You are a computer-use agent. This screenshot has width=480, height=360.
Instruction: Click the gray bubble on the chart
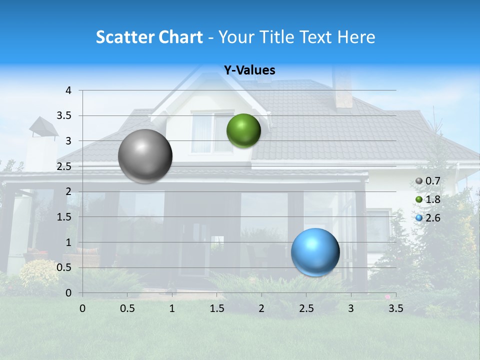tap(145, 156)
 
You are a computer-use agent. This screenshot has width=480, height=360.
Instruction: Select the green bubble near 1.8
tap(243, 130)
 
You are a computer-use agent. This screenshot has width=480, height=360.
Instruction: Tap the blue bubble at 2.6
tap(315, 252)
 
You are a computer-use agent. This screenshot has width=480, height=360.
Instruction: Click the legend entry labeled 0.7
tap(428, 180)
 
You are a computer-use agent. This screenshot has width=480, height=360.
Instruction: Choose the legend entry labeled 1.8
tap(428, 199)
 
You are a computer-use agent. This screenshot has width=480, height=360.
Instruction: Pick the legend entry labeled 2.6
tap(428, 218)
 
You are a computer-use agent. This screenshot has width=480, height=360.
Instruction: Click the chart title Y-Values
tap(249, 70)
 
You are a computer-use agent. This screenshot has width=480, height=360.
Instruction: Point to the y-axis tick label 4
tap(68, 90)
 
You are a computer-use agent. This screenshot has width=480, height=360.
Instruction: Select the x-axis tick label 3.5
tap(395, 308)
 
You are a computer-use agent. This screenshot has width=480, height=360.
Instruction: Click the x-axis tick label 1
tap(172, 308)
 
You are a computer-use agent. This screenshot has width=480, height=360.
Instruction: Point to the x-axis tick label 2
tap(261, 308)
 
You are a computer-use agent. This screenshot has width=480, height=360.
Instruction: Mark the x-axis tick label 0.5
tap(127, 308)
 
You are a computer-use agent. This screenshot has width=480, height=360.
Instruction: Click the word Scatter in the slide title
tap(125, 37)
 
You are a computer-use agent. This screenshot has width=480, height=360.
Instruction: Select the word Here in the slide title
tap(355, 37)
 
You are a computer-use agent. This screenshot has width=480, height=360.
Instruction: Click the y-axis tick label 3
tap(68, 141)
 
